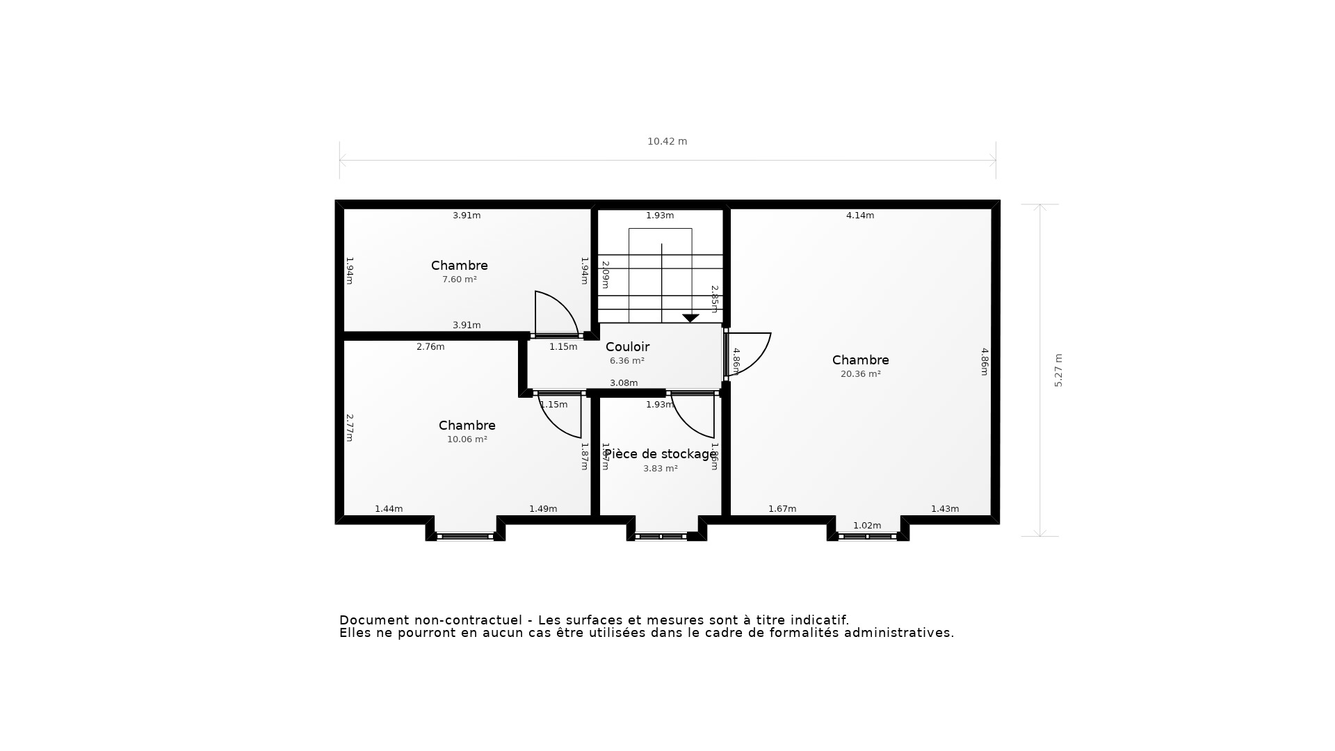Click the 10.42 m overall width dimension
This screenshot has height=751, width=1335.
(667, 141)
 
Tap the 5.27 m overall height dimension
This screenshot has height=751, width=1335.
(1058, 370)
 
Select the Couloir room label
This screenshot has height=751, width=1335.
(627, 347)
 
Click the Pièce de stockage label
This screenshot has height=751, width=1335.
(660, 454)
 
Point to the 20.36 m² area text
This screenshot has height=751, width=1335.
(860, 374)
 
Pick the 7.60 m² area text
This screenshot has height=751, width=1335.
(459, 280)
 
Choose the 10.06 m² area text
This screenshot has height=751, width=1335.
(467, 439)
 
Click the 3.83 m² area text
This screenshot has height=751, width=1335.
(660, 469)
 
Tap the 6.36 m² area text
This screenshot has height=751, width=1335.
(626, 361)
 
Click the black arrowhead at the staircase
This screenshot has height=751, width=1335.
(690, 318)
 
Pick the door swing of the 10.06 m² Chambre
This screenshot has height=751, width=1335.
(561, 416)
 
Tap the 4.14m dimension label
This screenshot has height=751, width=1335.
(859, 216)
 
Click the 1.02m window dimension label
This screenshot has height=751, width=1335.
(866, 526)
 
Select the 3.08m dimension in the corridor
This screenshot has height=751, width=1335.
(623, 383)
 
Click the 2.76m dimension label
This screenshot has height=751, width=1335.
(430, 347)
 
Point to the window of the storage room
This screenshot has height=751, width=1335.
(661, 536)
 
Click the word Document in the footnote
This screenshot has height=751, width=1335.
(374, 620)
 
